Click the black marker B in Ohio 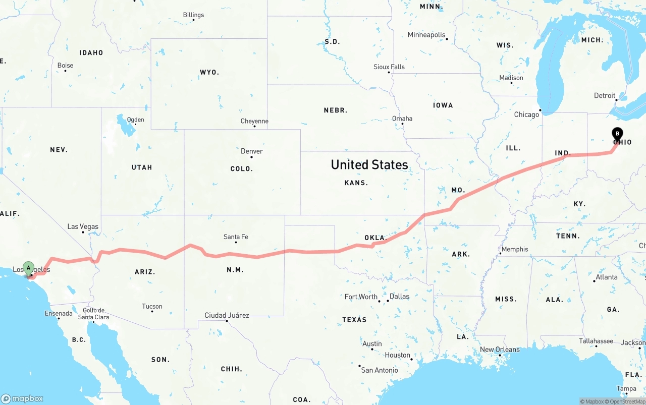(x=617, y=134)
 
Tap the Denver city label (x=251, y=151)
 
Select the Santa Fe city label (x=236, y=237)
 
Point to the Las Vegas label (x=83, y=227)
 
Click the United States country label (x=369, y=164)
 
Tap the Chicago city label (x=526, y=114)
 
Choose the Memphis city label (x=514, y=249)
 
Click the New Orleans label (x=500, y=350)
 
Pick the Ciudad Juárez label (x=227, y=315)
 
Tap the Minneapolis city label (x=426, y=35)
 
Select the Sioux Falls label (x=389, y=67)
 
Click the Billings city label (x=193, y=15)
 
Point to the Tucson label (x=152, y=306)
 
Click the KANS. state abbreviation (x=356, y=183)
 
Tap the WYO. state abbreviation (x=209, y=72)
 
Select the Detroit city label (x=605, y=95)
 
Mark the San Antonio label (x=380, y=370)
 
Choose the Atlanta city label (x=606, y=277)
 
